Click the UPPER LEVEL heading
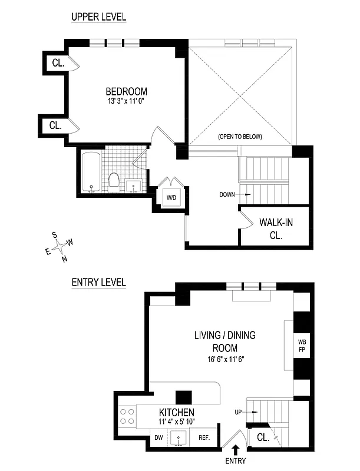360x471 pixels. click(x=98, y=17)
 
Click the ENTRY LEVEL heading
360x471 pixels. click(x=98, y=282)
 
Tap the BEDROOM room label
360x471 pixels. click(x=126, y=91)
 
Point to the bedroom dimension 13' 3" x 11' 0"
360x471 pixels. click(x=126, y=101)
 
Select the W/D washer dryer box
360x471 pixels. click(x=171, y=197)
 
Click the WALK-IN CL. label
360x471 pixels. click(x=275, y=228)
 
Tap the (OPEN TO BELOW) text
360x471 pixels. click(x=240, y=137)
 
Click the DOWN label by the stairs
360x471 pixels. click(x=227, y=194)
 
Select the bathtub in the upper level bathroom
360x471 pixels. click(x=91, y=172)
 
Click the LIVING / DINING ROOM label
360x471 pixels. click(x=224, y=341)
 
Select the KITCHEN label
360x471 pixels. click(x=176, y=412)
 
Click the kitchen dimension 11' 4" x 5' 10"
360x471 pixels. click(x=176, y=422)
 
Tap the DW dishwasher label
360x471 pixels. click(x=158, y=437)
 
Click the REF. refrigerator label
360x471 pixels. click(x=204, y=437)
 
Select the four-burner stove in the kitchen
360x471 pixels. click(x=127, y=416)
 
